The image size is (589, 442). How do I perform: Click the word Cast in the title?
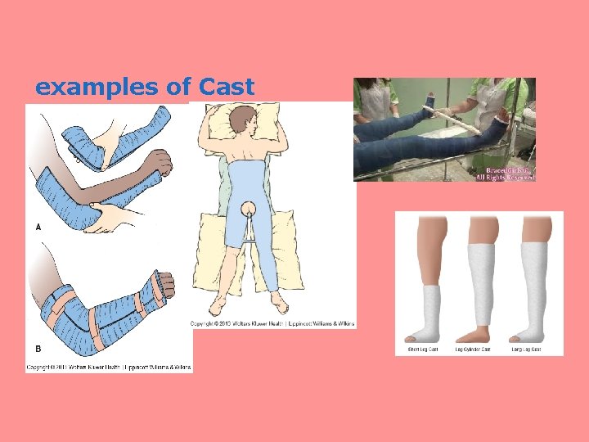(x=223, y=87)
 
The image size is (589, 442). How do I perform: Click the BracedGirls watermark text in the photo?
(x=506, y=169)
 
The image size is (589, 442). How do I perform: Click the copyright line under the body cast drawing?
(x=272, y=324)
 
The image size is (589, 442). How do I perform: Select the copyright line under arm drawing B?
(x=108, y=367)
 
